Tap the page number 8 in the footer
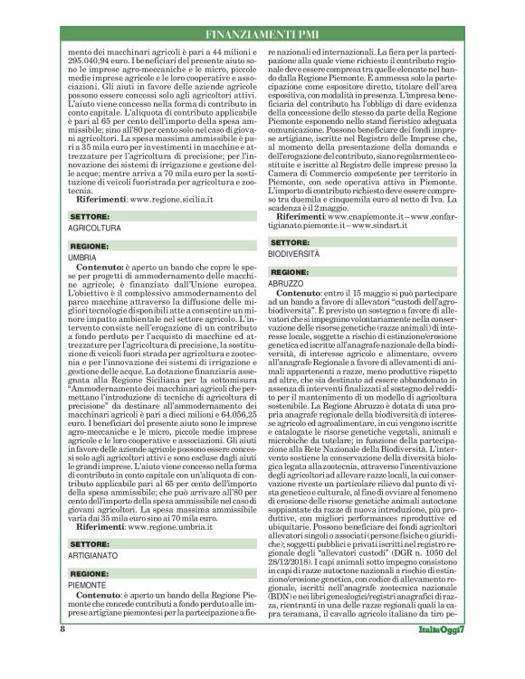pyautogui.click(x=62, y=653)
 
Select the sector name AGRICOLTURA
pyautogui.click(x=94, y=205)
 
